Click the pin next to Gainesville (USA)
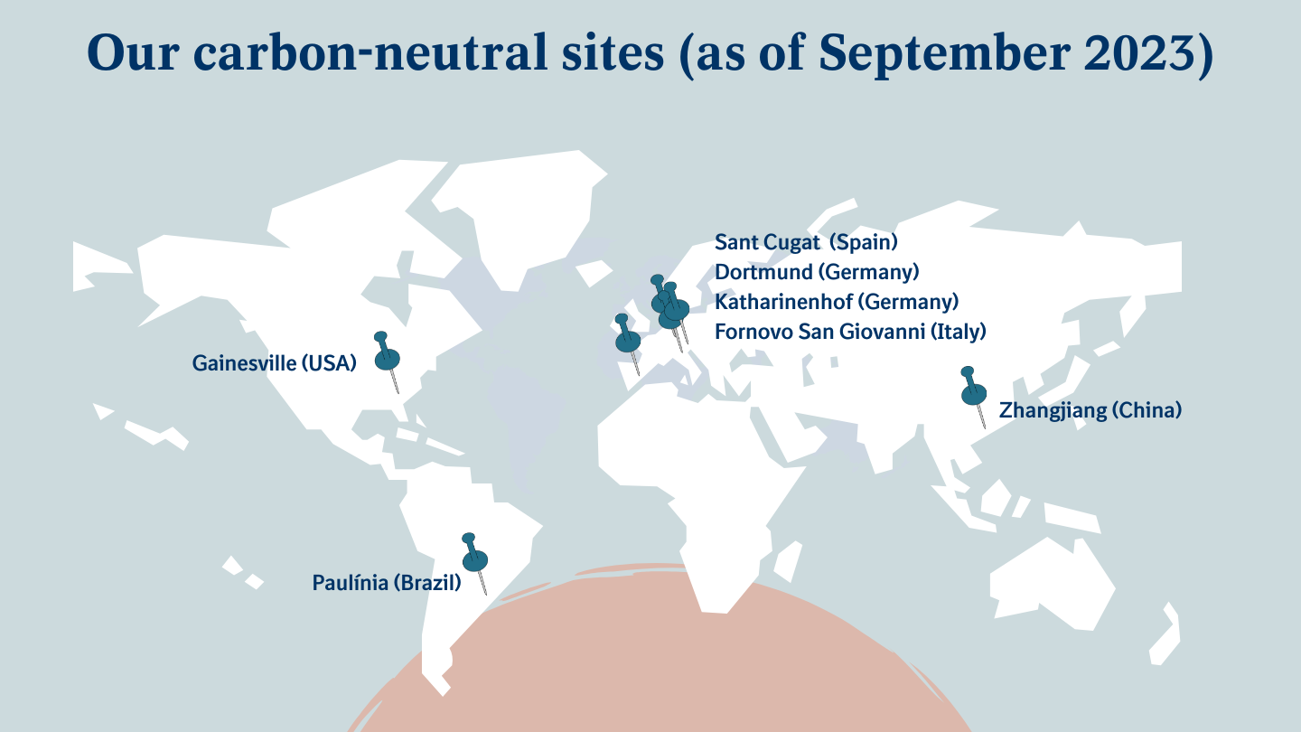click(388, 358)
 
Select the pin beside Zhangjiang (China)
click(974, 393)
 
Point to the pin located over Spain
click(627, 340)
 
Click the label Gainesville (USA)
click(275, 363)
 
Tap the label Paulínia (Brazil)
click(387, 583)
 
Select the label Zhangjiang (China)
click(1090, 410)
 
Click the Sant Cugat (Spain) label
click(806, 242)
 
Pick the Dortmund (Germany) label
click(817, 272)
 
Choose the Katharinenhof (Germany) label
click(837, 302)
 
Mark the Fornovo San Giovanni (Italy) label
click(850, 332)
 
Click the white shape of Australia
click(1053, 578)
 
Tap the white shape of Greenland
click(524, 217)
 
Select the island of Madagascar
click(788, 560)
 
